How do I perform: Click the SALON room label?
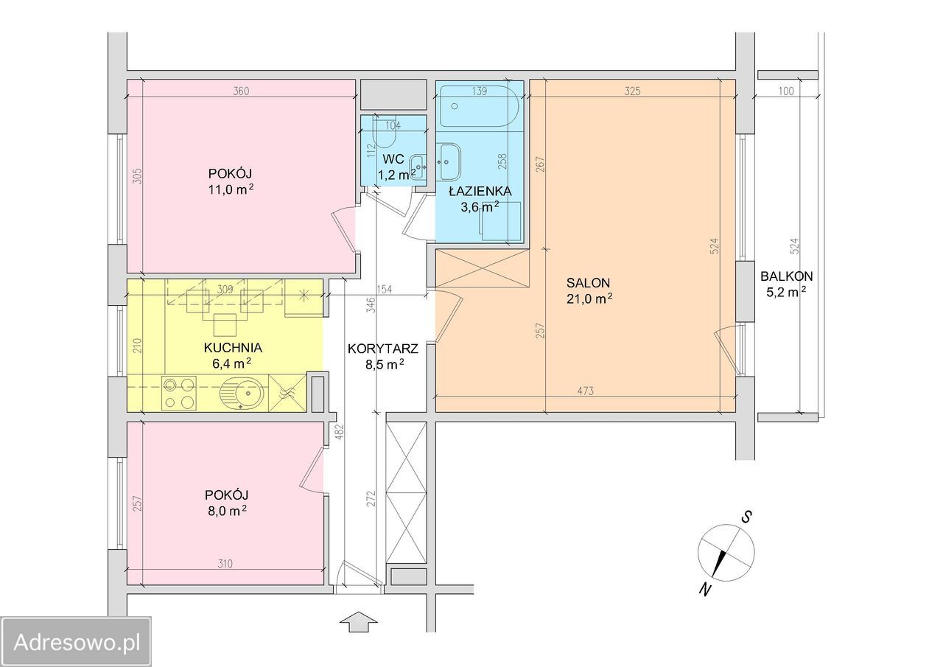coord(588,282)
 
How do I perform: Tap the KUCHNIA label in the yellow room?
coord(233,348)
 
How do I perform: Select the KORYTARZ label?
coord(382,349)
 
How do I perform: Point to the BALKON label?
coord(786,276)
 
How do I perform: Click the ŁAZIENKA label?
coord(480,191)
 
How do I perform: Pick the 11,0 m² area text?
coord(231,189)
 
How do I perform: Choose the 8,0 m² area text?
coord(225,511)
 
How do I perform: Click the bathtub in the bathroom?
coord(479,106)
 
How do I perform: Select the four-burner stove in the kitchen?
coord(180,394)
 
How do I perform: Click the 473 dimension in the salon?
coord(585,391)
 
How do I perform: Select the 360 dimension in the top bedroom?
coord(241,91)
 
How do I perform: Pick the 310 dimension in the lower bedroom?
coord(225,563)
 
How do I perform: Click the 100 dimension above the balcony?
coord(785,91)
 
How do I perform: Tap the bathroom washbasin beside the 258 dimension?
coord(449,161)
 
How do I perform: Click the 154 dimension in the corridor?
coord(385,290)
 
